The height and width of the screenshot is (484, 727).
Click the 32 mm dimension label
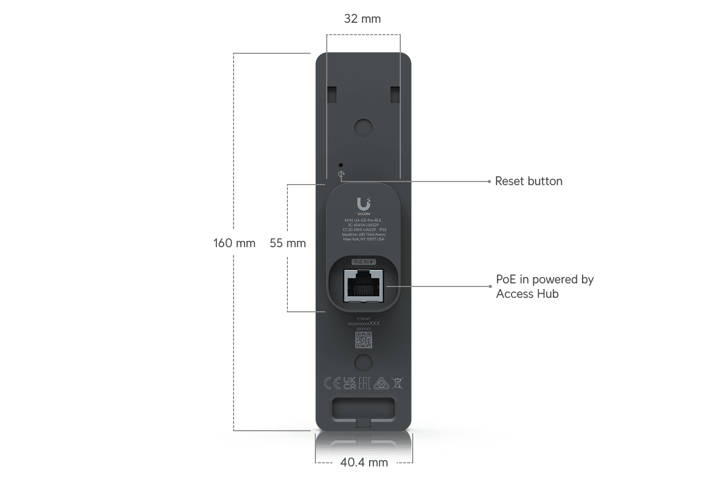pos(362,19)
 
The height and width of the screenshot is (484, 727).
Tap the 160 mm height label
pos(234,243)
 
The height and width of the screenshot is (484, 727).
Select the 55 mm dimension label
pos(287,243)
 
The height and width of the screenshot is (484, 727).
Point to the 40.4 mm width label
pos(363,462)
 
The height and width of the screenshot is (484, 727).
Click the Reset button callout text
pos(528,181)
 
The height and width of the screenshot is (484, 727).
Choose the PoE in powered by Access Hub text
pos(544,286)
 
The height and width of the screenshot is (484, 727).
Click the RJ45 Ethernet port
pos(363,286)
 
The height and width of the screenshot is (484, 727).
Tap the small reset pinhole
pos(340,165)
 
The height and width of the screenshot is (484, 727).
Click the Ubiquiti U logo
pos(363,204)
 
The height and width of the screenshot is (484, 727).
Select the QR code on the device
pos(363,340)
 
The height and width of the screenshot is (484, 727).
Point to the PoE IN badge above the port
pos(363,262)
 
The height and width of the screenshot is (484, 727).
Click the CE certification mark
pos(332,383)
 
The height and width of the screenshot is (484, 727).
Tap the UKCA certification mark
pos(350,383)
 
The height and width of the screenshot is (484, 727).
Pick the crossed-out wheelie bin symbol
pos(398,383)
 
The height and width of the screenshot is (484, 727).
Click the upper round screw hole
pos(363,127)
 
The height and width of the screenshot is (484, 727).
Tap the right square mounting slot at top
pos(395,94)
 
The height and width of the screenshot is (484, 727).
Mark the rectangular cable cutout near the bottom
pos(363,407)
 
